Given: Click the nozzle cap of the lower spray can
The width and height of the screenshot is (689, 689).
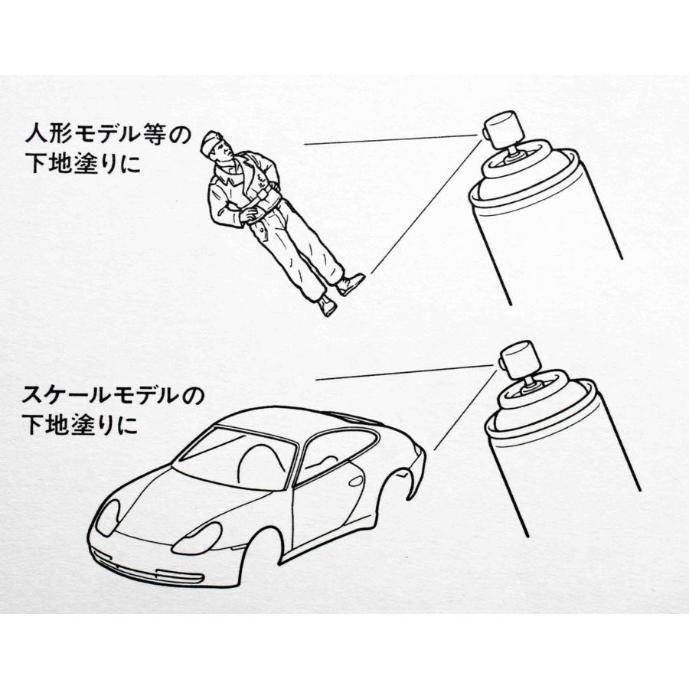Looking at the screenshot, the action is click(x=518, y=359).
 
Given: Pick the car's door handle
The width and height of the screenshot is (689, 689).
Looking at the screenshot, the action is click(x=356, y=481).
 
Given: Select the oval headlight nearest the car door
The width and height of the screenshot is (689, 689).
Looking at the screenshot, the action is click(x=198, y=538).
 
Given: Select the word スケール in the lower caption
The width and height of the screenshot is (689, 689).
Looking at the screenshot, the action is click(x=65, y=396).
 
